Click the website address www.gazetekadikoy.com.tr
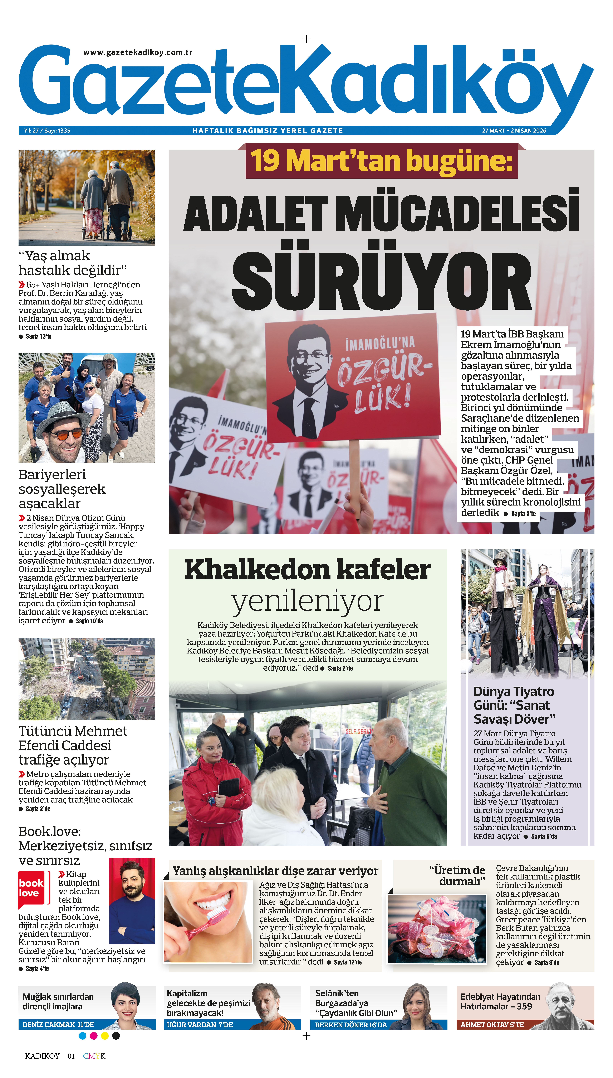pyautogui.click(x=138, y=53)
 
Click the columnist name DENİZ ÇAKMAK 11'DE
pyautogui.click(x=58, y=1025)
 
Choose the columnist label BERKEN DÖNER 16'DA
pyautogui.click(x=351, y=1025)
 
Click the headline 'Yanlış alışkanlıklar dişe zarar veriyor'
pyautogui.click(x=275, y=871)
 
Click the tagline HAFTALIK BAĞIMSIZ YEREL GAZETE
pyautogui.click(x=268, y=131)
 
